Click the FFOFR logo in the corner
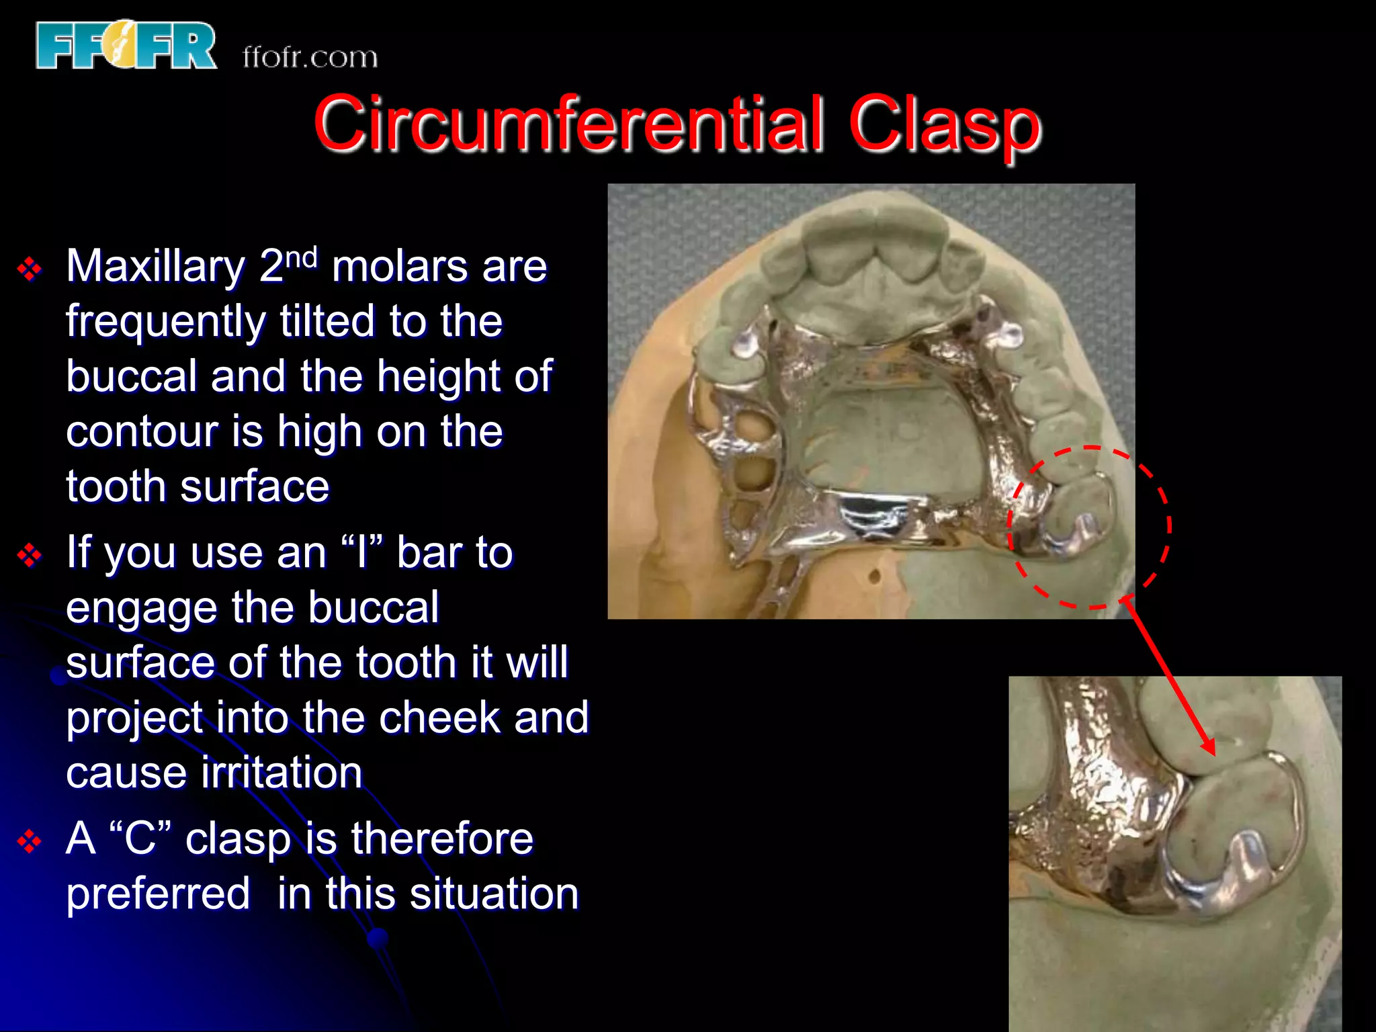126,46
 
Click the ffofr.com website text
310,58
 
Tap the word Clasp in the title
944,125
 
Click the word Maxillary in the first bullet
156,267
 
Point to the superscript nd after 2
301,257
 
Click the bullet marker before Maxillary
30,269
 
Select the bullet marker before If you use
30,556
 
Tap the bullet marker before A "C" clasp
30,841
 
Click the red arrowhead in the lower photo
1209,747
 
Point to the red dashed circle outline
1169,524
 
